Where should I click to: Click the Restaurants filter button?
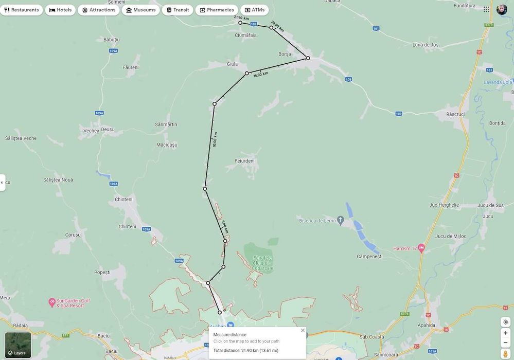point(22,10)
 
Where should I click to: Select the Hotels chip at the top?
point(60,10)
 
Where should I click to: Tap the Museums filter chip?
point(140,10)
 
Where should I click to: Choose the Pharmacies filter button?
point(217,10)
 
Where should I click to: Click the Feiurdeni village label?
point(244,161)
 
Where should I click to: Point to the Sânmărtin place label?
point(166,124)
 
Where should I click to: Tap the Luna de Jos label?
point(426,45)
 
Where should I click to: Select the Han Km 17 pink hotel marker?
point(421,248)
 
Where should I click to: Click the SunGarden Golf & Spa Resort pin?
point(51,301)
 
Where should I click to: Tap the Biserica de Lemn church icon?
point(340,220)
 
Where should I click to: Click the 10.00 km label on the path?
point(215,139)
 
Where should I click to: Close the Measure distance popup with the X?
point(303,330)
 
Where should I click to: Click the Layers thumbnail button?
point(18,345)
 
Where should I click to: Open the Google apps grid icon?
point(486,9)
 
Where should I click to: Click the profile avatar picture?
point(502,9)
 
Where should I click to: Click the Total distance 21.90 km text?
point(246,350)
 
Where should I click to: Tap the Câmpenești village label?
point(369,256)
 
